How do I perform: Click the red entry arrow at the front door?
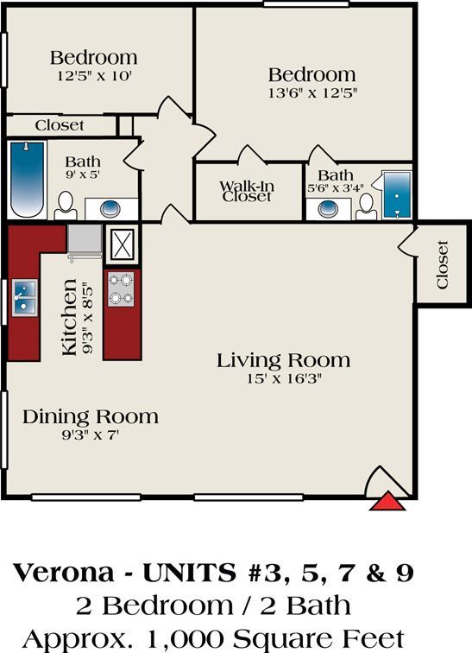click(x=387, y=500)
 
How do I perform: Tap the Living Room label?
click(x=283, y=360)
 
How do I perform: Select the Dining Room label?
click(x=90, y=417)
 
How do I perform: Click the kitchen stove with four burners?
click(x=122, y=290)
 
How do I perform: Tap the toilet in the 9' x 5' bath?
click(x=66, y=206)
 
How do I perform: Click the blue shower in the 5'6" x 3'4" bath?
click(x=397, y=195)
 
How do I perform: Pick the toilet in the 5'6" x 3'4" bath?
click(x=367, y=206)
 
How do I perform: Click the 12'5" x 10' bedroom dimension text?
click(x=92, y=75)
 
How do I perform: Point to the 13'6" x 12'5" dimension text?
click(x=312, y=91)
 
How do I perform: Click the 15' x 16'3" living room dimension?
click(x=283, y=377)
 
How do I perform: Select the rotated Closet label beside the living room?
click(x=443, y=265)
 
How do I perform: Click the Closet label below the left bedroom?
click(x=60, y=125)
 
